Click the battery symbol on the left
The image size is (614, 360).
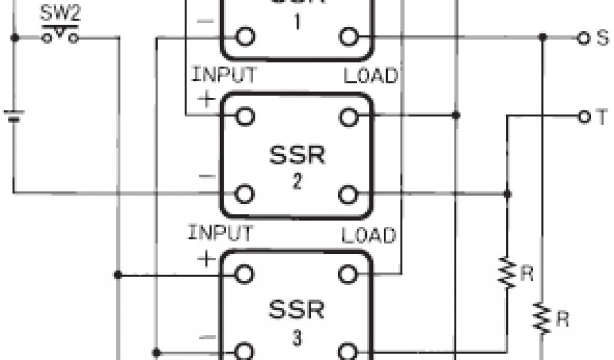click(13, 115)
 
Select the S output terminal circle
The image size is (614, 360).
click(581, 38)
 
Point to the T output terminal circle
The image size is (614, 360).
click(581, 116)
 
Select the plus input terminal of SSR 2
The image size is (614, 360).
click(243, 116)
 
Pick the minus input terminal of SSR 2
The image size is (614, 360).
click(243, 194)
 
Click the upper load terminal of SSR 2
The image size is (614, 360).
click(348, 116)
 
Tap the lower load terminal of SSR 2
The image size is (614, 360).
click(348, 194)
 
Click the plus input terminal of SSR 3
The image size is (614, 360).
click(243, 275)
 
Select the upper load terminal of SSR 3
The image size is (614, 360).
click(348, 275)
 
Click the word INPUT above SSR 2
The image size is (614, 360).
click(224, 76)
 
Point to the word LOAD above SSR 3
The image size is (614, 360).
click(371, 235)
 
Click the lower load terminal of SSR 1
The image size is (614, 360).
click(348, 37)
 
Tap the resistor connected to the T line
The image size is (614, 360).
click(508, 274)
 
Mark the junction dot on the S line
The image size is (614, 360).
click(543, 38)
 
